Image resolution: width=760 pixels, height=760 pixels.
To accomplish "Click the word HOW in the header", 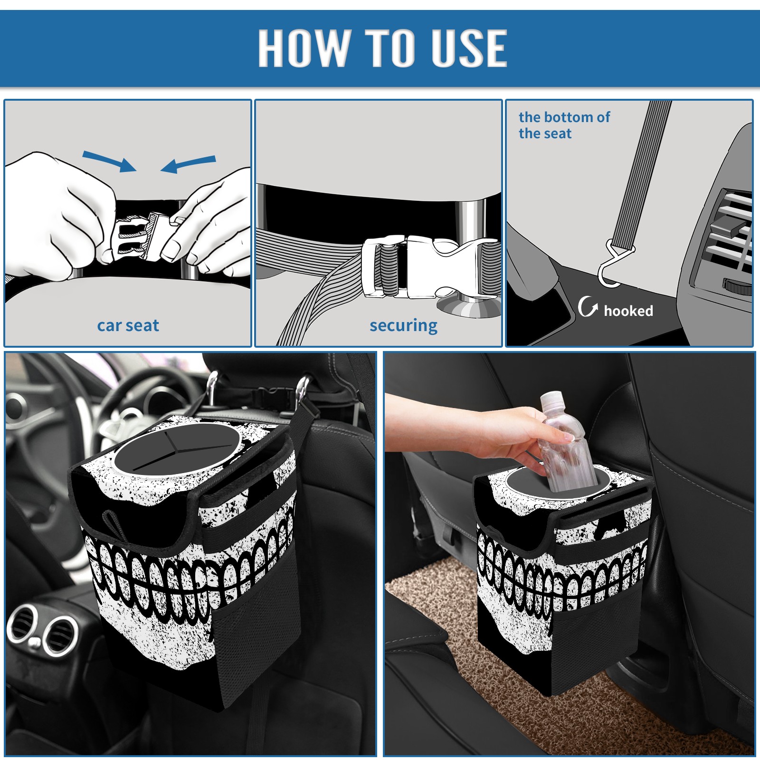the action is coord(303,47).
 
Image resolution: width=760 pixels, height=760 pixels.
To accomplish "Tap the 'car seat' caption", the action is coord(128,325).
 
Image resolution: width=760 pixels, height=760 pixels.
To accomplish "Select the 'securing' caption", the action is coord(403,326).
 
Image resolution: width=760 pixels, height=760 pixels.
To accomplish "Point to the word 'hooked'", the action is coord(628,311).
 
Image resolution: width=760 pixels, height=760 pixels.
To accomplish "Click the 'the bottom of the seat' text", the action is coord(564,125).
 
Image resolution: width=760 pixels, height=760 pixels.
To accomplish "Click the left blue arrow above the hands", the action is coord(109,161).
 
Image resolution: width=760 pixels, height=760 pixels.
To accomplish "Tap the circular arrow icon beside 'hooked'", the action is coord(588,306).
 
